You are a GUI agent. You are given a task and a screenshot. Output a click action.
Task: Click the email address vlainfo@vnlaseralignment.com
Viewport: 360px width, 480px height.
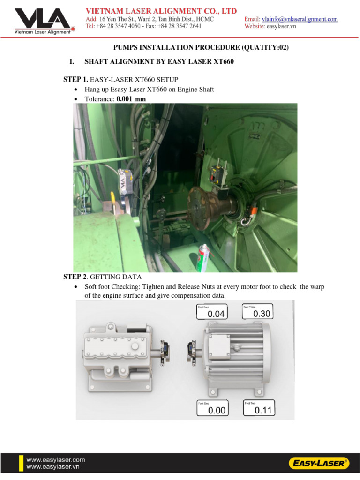click(x=300, y=19)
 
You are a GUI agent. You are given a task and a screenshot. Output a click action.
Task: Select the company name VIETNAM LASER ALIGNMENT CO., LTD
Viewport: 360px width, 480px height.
click(x=161, y=11)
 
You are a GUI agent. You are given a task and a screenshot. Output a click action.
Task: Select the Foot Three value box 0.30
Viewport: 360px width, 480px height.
click(x=257, y=311)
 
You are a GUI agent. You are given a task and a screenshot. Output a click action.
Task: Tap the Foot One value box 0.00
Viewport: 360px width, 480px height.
click(x=212, y=408)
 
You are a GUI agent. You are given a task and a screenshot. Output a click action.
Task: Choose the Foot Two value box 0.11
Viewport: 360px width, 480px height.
click(x=259, y=408)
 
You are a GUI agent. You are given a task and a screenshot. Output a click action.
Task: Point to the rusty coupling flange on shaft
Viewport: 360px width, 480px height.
click(x=201, y=202)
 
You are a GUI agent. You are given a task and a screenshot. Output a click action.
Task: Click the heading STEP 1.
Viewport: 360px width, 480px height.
click(x=75, y=80)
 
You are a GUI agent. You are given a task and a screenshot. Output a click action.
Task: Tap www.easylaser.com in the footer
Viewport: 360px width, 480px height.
click(x=55, y=460)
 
